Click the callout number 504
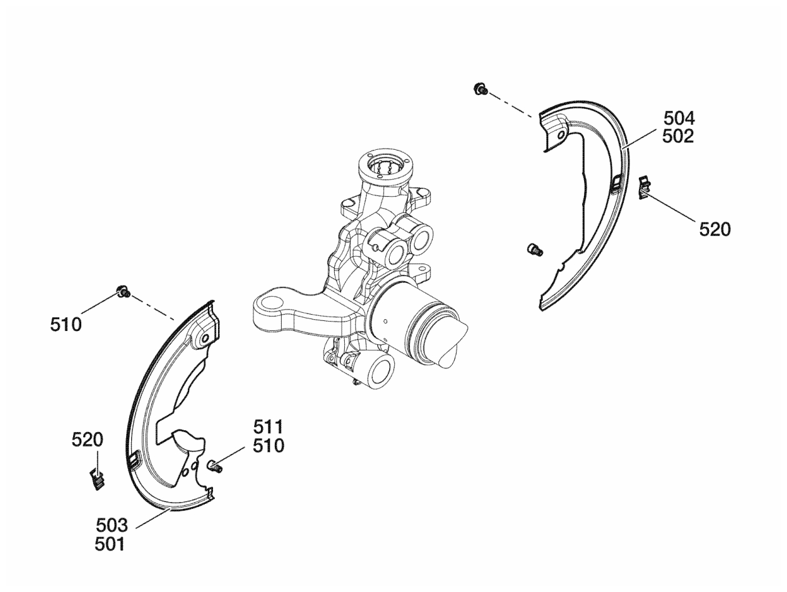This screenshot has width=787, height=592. (679, 118)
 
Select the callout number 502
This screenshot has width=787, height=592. (678, 136)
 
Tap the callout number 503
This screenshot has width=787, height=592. (112, 526)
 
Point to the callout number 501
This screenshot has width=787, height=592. (110, 545)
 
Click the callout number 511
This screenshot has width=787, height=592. (268, 427)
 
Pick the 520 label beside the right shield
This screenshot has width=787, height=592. (715, 229)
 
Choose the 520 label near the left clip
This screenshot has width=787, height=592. (87, 440)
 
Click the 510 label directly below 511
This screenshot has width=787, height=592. (269, 446)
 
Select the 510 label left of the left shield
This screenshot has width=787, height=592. (66, 325)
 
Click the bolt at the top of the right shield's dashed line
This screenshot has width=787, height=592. (480, 89)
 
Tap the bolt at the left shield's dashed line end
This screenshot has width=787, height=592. (123, 292)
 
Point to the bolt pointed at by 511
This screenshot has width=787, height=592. (215, 466)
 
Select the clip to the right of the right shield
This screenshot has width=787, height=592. (645, 187)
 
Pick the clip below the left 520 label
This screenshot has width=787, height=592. (97, 479)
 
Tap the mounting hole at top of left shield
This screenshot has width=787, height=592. (205, 338)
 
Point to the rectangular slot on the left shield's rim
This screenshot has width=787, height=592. (134, 460)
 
